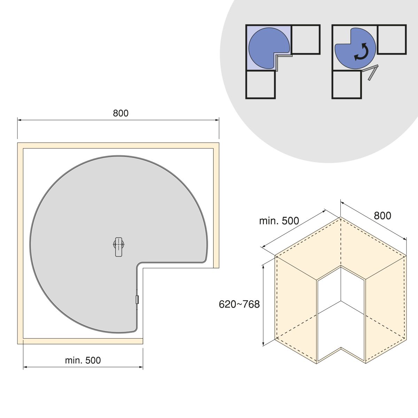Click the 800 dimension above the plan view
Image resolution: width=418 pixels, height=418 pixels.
(x=121, y=113)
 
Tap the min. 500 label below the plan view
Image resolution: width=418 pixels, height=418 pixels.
(x=83, y=360)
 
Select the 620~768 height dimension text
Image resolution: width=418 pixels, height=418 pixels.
(x=239, y=304)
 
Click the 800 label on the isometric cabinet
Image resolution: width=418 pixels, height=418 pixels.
(x=382, y=216)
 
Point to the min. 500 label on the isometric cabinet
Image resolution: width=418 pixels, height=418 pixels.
(x=279, y=221)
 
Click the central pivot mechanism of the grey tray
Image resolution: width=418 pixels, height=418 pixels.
(x=119, y=247)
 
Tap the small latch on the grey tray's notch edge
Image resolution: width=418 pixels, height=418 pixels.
(x=137, y=300)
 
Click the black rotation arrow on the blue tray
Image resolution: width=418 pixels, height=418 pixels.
(x=361, y=52)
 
